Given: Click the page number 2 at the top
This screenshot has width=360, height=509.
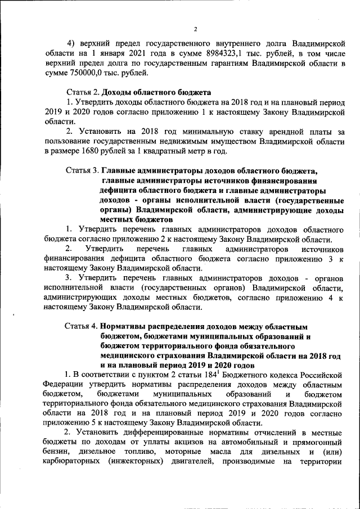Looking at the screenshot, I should coord(195,29).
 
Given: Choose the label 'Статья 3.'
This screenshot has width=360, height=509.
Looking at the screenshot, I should coord(83,170).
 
